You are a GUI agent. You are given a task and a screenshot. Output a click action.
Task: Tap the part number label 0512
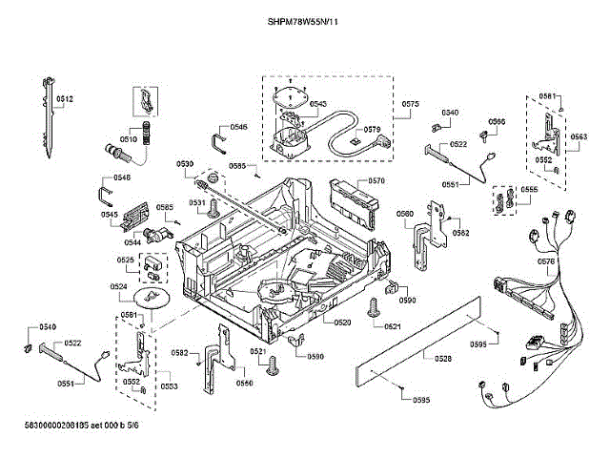[65, 99]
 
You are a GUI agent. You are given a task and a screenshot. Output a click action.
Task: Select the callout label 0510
[128, 139]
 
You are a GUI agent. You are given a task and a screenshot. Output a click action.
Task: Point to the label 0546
[238, 127]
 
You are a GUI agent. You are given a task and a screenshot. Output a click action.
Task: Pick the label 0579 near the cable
[372, 129]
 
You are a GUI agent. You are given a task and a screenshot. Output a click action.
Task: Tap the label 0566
[497, 121]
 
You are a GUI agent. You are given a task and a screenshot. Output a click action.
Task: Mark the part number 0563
[579, 137]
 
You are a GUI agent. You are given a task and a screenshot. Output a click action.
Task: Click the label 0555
[529, 190]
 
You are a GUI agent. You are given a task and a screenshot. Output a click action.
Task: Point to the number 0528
[442, 358]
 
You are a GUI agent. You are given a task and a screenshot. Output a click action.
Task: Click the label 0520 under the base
[343, 323]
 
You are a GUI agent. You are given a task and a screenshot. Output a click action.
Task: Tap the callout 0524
[119, 286]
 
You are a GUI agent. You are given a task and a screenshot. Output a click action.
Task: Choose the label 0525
[125, 260]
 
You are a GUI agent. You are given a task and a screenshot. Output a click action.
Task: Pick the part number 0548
[122, 178]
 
